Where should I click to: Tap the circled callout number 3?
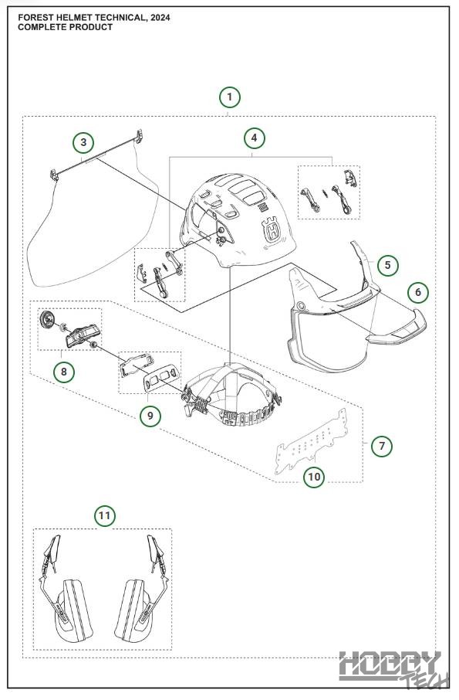pyautogui.click(x=84, y=143)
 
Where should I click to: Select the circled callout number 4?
pyautogui.click(x=255, y=138)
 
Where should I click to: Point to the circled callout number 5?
pyautogui.click(x=388, y=265)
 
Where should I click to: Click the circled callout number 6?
pyautogui.click(x=418, y=292)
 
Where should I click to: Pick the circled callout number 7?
pyautogui.click(x=382, y=446)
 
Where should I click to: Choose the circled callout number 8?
pyautogui.click(x=64, y=372)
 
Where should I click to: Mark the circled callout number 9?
pyautogui.click(x=150, y=416)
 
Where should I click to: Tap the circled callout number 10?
pyautogui.click(x=314, y=477)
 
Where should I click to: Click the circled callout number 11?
pyautogui.click(x=105, y=516)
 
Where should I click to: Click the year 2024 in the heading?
pyautogui.click(x=160, y=18)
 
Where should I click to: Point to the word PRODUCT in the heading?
pyautogui.click(x=92, y=27)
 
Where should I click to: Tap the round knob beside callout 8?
pyautogui.click(x=47, y=319)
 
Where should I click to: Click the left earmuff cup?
pyautogui.click(x=73, y=610)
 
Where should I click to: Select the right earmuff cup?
pyautogui.click(x=133, y=610)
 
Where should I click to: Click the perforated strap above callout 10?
pyautogui.click(x=312, y=441)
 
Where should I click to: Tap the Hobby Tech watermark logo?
pyautogui.click(x=394, y=668)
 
